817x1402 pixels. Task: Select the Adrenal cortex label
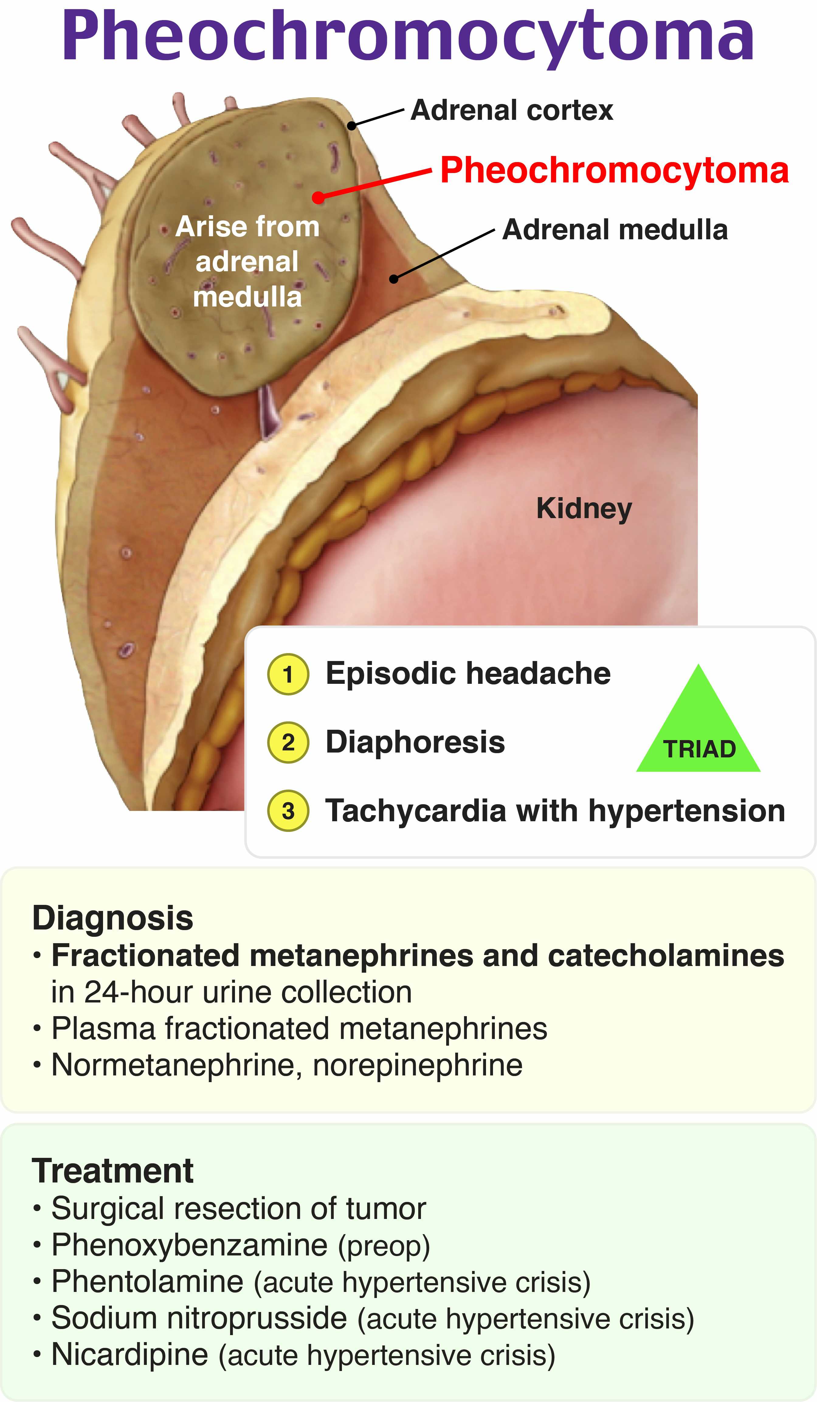[x=512, y=110]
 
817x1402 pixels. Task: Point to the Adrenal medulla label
[x=615, y=230]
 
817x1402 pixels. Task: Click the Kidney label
[x=584, y=508]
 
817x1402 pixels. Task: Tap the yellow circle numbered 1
[x=288, y=674]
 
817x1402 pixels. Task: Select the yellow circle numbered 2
[x=288, y=742]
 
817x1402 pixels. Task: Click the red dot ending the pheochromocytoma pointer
[x=318, y=198]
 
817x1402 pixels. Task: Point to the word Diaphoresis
[x=415, y=742]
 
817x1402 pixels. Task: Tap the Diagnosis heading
[x=113, y=918]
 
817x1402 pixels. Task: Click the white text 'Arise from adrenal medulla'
[x=247, y=261]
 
